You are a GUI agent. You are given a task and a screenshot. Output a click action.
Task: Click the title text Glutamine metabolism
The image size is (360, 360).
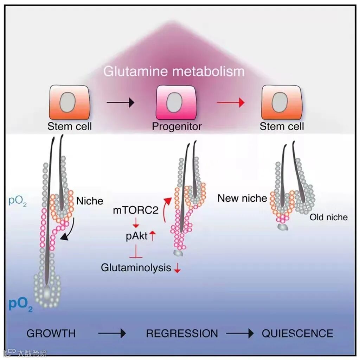click(174, 71)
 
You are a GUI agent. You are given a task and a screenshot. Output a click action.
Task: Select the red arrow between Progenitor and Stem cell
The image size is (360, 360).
click(230, 102)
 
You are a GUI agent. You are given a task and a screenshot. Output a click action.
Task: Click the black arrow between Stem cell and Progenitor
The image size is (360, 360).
click(120, 102)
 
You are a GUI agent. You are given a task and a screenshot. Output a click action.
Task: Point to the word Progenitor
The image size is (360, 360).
click(177, 126)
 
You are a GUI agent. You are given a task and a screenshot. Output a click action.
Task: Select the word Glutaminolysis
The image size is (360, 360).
click(136, 267)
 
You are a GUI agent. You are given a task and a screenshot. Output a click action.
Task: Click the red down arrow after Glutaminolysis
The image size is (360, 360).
click(177, 269)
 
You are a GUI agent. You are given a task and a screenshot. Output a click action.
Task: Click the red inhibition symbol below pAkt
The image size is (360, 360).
click(136, 253)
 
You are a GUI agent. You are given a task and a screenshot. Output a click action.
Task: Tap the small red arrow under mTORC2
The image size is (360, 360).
click(136, 223)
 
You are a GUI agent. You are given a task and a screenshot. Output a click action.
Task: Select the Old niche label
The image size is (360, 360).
click(328, 217)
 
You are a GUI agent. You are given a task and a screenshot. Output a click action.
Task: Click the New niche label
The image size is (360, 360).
click(242, 198)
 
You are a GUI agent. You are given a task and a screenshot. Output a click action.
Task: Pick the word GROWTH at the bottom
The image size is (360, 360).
click(51, 333)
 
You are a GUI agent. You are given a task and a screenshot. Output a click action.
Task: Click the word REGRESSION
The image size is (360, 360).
click(182, 333)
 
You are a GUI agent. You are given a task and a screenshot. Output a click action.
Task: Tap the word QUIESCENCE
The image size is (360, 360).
click(297, 333)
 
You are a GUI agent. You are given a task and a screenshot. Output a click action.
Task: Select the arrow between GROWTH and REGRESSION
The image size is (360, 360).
click(111, 333)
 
